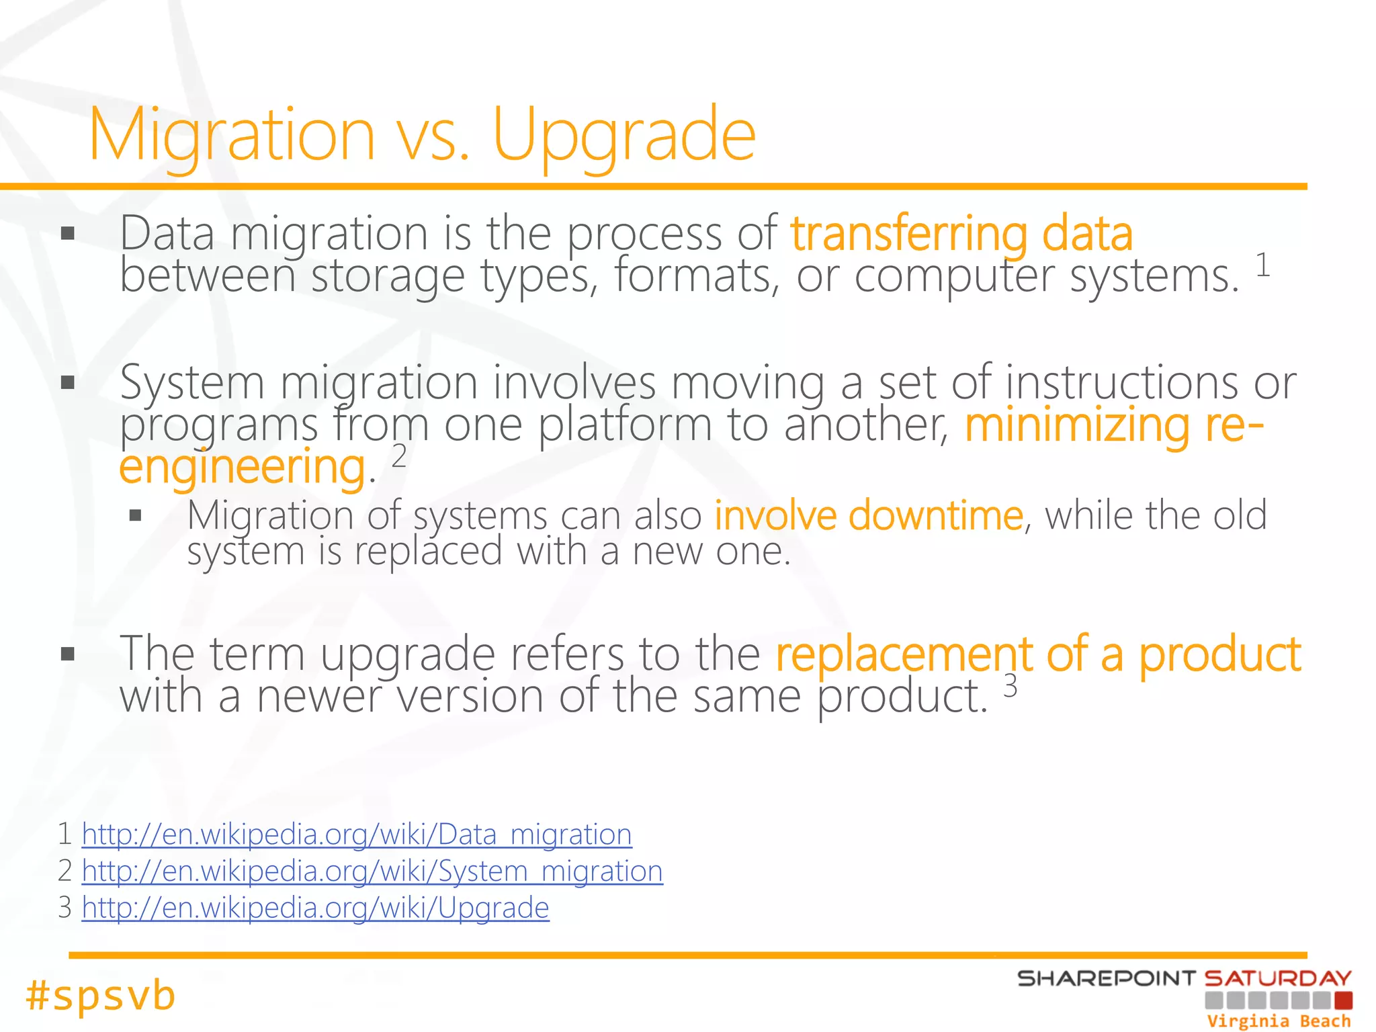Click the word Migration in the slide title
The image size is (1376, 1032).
[232, 136]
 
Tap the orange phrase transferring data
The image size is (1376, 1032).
[961, 234]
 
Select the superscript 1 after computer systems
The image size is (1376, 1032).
[1262, 265]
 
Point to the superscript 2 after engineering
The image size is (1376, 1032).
[399, 457]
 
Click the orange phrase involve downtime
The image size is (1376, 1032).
[868, 516]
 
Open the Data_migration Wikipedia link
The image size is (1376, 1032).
[356, 834]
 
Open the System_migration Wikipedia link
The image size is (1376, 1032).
[372, 871]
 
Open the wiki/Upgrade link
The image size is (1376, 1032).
[315, 908]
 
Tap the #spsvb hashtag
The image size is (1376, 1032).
[101, 995]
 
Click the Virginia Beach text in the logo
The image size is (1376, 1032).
[1278, 1021]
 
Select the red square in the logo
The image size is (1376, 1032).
[1343, 1000]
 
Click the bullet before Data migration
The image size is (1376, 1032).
[67, 234]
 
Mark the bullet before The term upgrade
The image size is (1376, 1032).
[67, 654]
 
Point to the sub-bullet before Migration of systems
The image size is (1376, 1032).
[136, 516]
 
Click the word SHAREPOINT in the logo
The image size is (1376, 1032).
[1106, 978]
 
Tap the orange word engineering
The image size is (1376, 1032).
[242, 468]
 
